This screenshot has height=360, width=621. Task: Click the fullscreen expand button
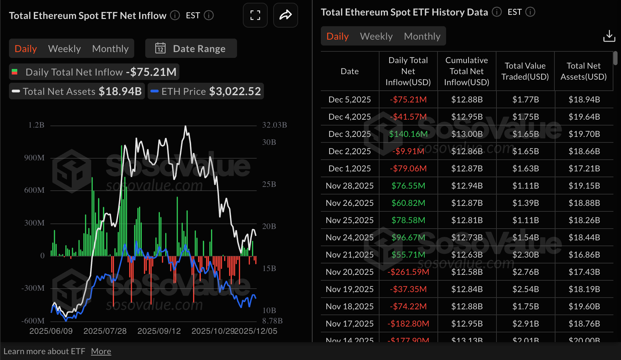255,15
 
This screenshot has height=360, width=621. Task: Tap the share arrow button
285,15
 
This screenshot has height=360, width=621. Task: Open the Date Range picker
191,49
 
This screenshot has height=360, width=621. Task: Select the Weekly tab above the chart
65,49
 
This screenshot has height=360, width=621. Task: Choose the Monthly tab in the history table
422,36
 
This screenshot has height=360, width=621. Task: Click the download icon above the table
609,36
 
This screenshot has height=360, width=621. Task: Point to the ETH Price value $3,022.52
235,91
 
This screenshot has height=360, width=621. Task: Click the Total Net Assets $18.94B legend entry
77,91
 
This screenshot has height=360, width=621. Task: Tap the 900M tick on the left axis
34,158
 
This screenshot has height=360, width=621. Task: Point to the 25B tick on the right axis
269,184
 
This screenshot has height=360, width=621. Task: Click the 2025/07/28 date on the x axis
105,331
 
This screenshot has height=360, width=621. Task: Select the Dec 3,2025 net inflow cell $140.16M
408,134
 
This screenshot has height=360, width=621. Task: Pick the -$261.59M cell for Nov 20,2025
408,272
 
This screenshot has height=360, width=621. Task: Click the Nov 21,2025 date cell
349,254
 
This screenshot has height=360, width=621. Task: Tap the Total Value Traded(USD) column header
525,71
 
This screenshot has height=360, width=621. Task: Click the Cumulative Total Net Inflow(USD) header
466,71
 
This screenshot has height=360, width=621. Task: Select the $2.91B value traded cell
525,323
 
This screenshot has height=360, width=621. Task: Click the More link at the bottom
101,351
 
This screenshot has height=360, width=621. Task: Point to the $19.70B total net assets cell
584,134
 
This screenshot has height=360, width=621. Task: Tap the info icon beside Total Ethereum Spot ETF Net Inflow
175,16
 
